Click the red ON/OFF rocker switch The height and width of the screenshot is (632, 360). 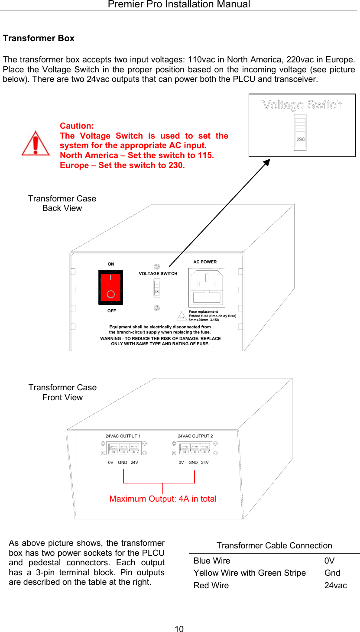[x=110, y=288]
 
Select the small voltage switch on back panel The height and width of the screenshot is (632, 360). [x=157, y=288]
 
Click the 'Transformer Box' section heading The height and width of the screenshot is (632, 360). [x=39, y=38]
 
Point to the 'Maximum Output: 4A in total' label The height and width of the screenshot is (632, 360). [x=163, y=499]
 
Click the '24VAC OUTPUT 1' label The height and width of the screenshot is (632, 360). [x=123, y=436]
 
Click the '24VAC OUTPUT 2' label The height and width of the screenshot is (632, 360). [x=195, y=436]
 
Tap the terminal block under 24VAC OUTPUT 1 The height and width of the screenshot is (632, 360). [x=123, y=448]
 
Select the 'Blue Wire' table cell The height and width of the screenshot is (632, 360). [x=212, y=561]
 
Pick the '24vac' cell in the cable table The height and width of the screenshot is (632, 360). [x=335, y=585]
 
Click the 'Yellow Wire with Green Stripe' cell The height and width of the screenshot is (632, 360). [x=250, y=573]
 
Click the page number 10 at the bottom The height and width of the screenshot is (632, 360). [x=179, y=629]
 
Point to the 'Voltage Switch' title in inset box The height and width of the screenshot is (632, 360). [x=302, y=105]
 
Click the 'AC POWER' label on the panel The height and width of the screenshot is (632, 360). [x=205, y=262]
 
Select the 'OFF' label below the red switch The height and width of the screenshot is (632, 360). [x=111, y=311]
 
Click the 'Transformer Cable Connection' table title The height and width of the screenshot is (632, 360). [x=274, y=545]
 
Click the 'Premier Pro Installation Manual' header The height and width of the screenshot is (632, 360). [x=179, y=4]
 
